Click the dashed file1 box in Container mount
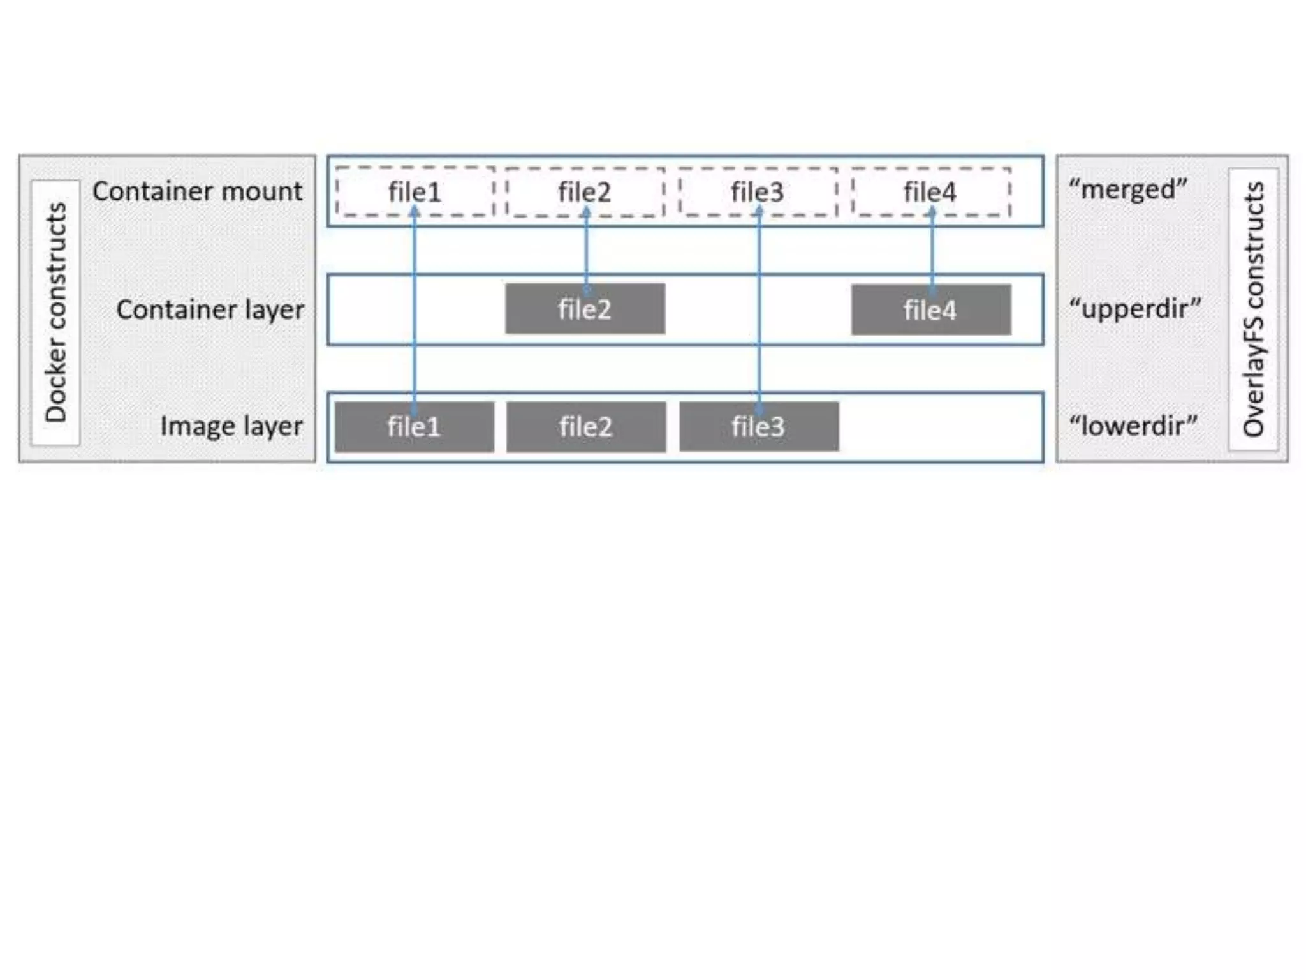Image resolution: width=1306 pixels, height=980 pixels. click(415, 191)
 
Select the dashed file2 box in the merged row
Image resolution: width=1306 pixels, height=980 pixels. click(585, 191)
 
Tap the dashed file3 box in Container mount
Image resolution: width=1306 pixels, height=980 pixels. click(758, 191)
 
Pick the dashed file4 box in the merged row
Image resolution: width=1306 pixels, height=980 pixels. click(930, 191)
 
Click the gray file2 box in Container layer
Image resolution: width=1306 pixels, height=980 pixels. click(585, 309)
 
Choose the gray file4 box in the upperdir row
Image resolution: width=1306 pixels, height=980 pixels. click(930, 309)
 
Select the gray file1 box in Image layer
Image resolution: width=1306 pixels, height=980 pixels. click(414, 426)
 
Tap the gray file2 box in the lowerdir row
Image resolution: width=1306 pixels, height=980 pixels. click(585, 426)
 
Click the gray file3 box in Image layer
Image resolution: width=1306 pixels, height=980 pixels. click(758, 426)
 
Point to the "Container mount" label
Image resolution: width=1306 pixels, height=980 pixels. click(197, 191)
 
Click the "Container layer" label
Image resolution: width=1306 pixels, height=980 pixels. click(210, 309)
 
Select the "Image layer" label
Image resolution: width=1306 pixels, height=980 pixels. click(231, 426)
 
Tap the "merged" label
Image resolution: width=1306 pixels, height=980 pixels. click(1127, 189)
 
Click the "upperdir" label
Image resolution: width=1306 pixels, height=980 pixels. click(1135, 308)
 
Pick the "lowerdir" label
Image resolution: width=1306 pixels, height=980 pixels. click(1133, 425)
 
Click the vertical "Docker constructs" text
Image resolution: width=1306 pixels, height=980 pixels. click(56, 312)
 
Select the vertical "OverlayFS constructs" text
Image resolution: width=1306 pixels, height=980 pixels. click(1254, 309)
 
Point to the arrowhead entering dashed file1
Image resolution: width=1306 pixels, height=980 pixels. click(415, 211)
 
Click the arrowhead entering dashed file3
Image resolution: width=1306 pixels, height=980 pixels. click(759, 211)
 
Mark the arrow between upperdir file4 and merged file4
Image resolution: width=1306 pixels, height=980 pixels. click(932, 252)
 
